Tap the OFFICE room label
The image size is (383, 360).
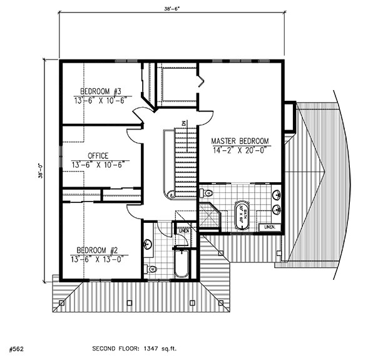[x=98, y=156]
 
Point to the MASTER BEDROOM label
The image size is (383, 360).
[x=240, y=140]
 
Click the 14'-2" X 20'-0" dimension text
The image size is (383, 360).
[x=240, y=150]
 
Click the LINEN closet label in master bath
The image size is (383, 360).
[x=270, y=226]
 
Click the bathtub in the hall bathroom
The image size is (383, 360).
[x=182, y=263]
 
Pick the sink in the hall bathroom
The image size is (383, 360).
[x=148, y=245]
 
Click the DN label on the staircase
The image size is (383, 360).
[x=184, y=124]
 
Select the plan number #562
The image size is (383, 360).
[x=17, y=346]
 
